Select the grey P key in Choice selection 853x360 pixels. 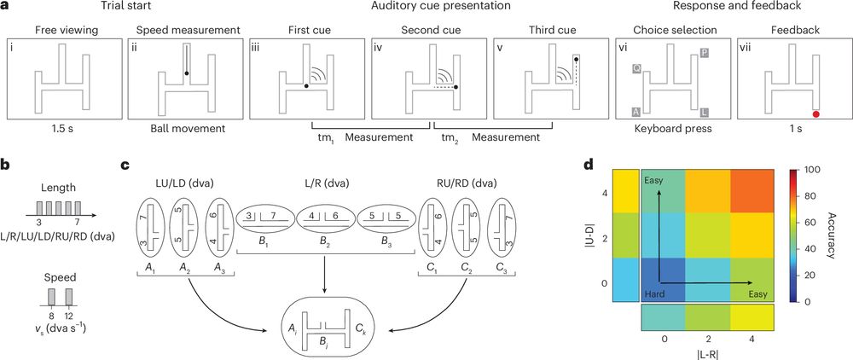(704, 53)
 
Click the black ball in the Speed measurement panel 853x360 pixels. (186, 74)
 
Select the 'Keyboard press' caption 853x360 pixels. (670, 134)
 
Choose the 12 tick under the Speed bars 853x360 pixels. (69, 316)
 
